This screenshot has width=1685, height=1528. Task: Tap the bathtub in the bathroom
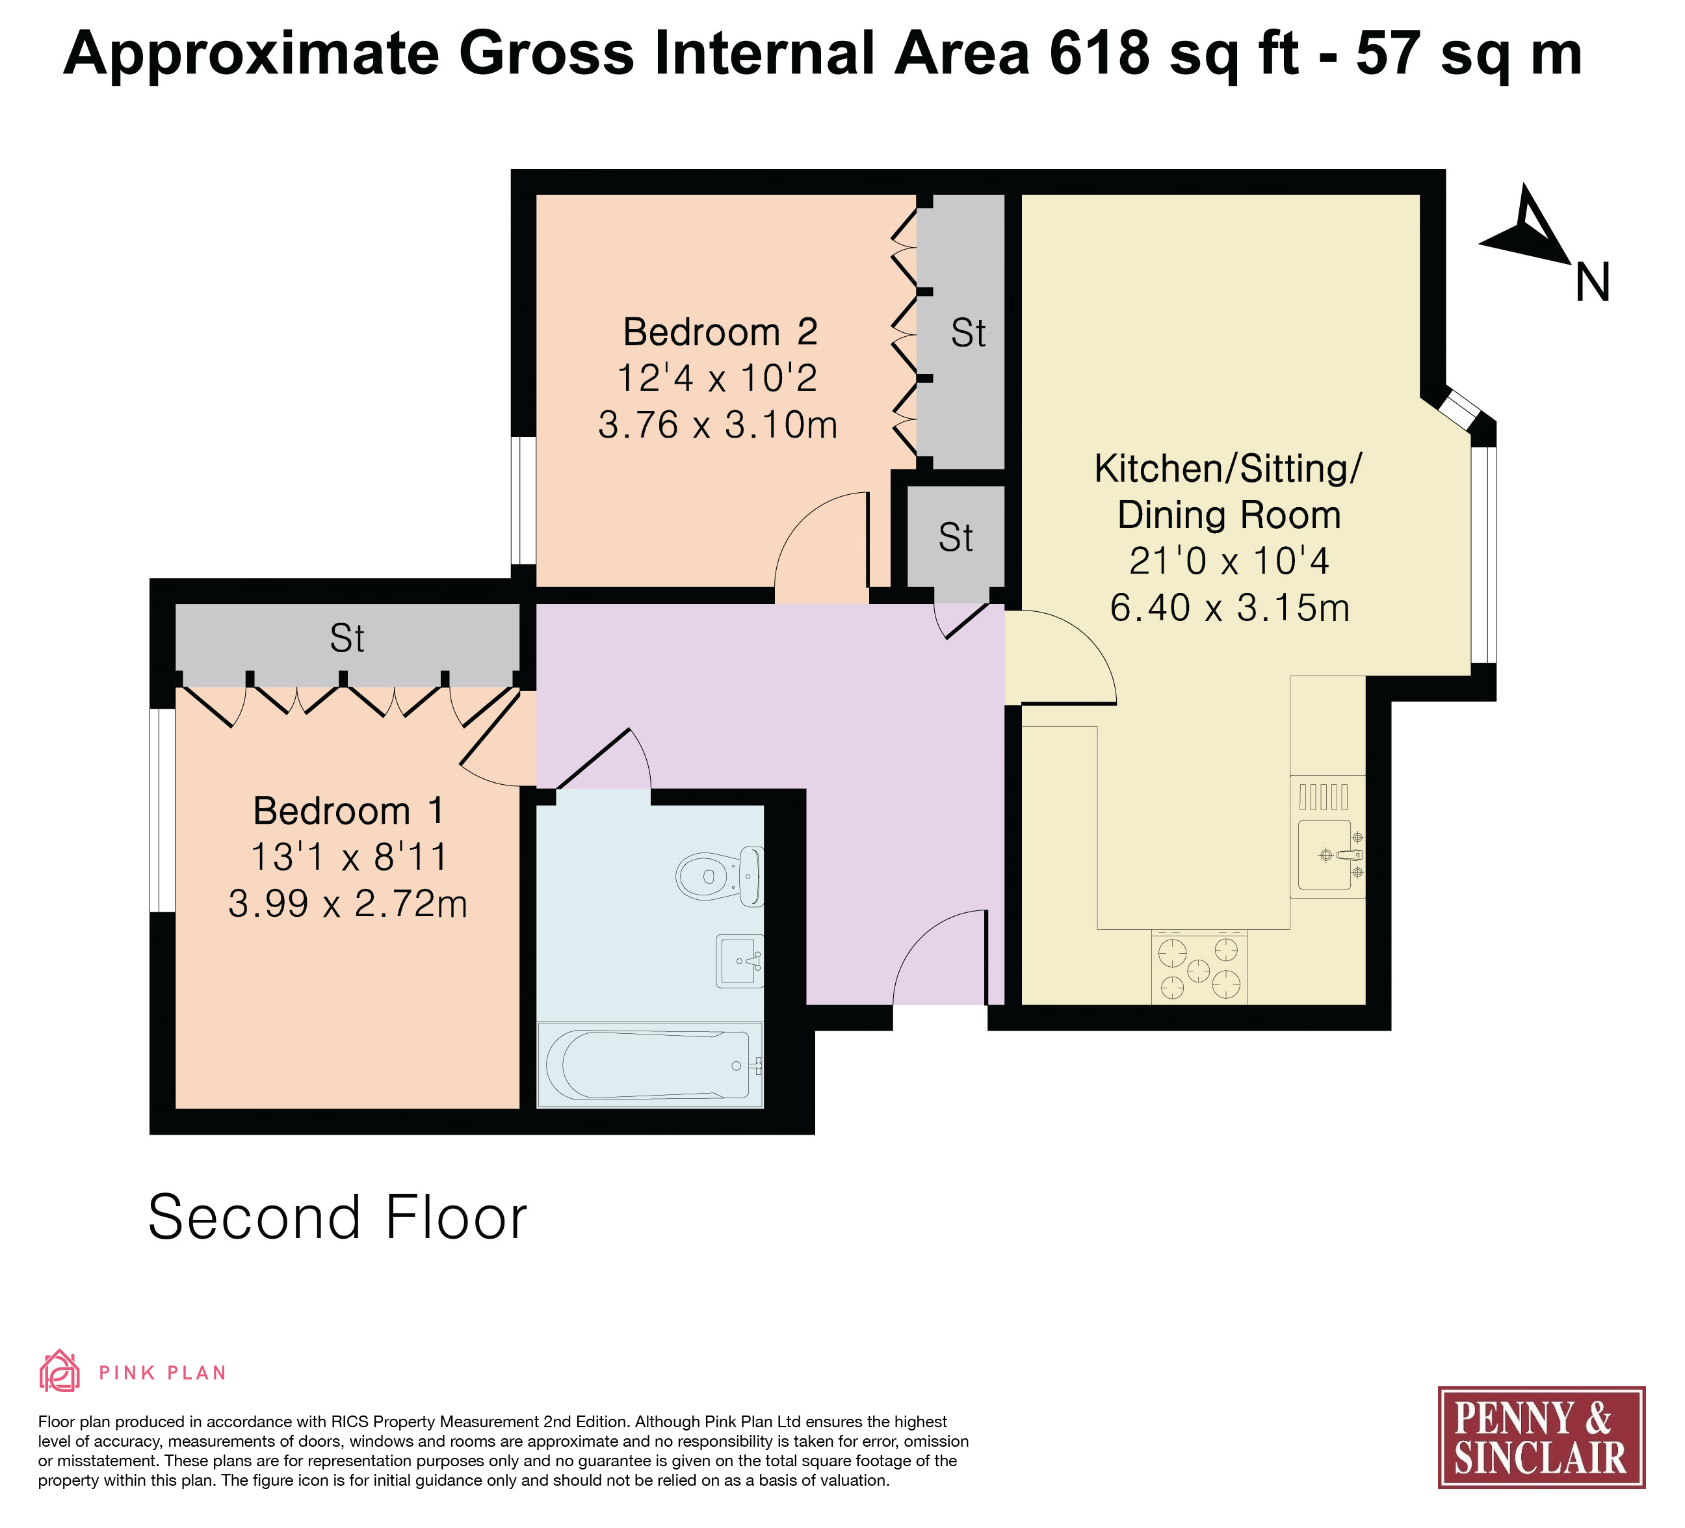(x=650, y=1065)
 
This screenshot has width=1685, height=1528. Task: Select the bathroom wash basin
(x=740, y=961)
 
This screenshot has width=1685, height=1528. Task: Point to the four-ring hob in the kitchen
(x=1199, y=967)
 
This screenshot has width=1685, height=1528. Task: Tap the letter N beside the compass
(x=1592, y=283)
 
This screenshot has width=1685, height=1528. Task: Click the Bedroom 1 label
(x=348, y=811)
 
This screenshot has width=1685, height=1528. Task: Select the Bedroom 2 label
(x=720, y=332)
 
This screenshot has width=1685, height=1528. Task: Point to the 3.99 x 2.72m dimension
(x=348, y=904)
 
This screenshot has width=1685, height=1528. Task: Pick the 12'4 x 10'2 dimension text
(x=717, y=378)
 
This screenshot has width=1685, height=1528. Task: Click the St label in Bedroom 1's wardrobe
(x=347, y=639)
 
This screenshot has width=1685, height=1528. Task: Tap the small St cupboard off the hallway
(x=956, y=538)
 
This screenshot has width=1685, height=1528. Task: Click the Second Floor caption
(x=337, y=1217)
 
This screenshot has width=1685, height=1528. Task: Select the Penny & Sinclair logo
(x=1541, y=1437)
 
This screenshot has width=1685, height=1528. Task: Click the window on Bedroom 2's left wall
(x=523, y=501)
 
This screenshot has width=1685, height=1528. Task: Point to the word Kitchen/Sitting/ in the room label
(x=1228, y=468)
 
